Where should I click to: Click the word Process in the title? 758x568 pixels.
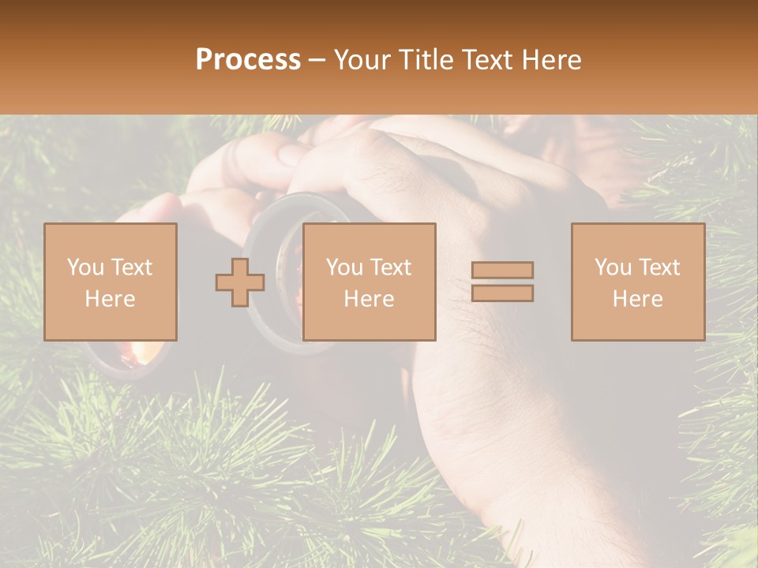(248, 60)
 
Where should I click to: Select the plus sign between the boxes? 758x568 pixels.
(240, 282)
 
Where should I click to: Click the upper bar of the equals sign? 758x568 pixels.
(502, 270)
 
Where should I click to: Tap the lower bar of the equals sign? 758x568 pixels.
(502, 293)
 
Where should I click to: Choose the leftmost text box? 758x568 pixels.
(110, 282)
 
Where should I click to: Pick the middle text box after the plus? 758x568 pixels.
(369, 282)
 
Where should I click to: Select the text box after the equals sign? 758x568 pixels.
(637, 282)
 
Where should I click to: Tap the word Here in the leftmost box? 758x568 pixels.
(110, 299)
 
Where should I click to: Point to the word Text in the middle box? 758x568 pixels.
(391, 267)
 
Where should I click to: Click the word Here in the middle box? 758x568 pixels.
(369, 299)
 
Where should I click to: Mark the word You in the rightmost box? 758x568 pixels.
(614, 267)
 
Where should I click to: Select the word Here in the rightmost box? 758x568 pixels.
(637, 299)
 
